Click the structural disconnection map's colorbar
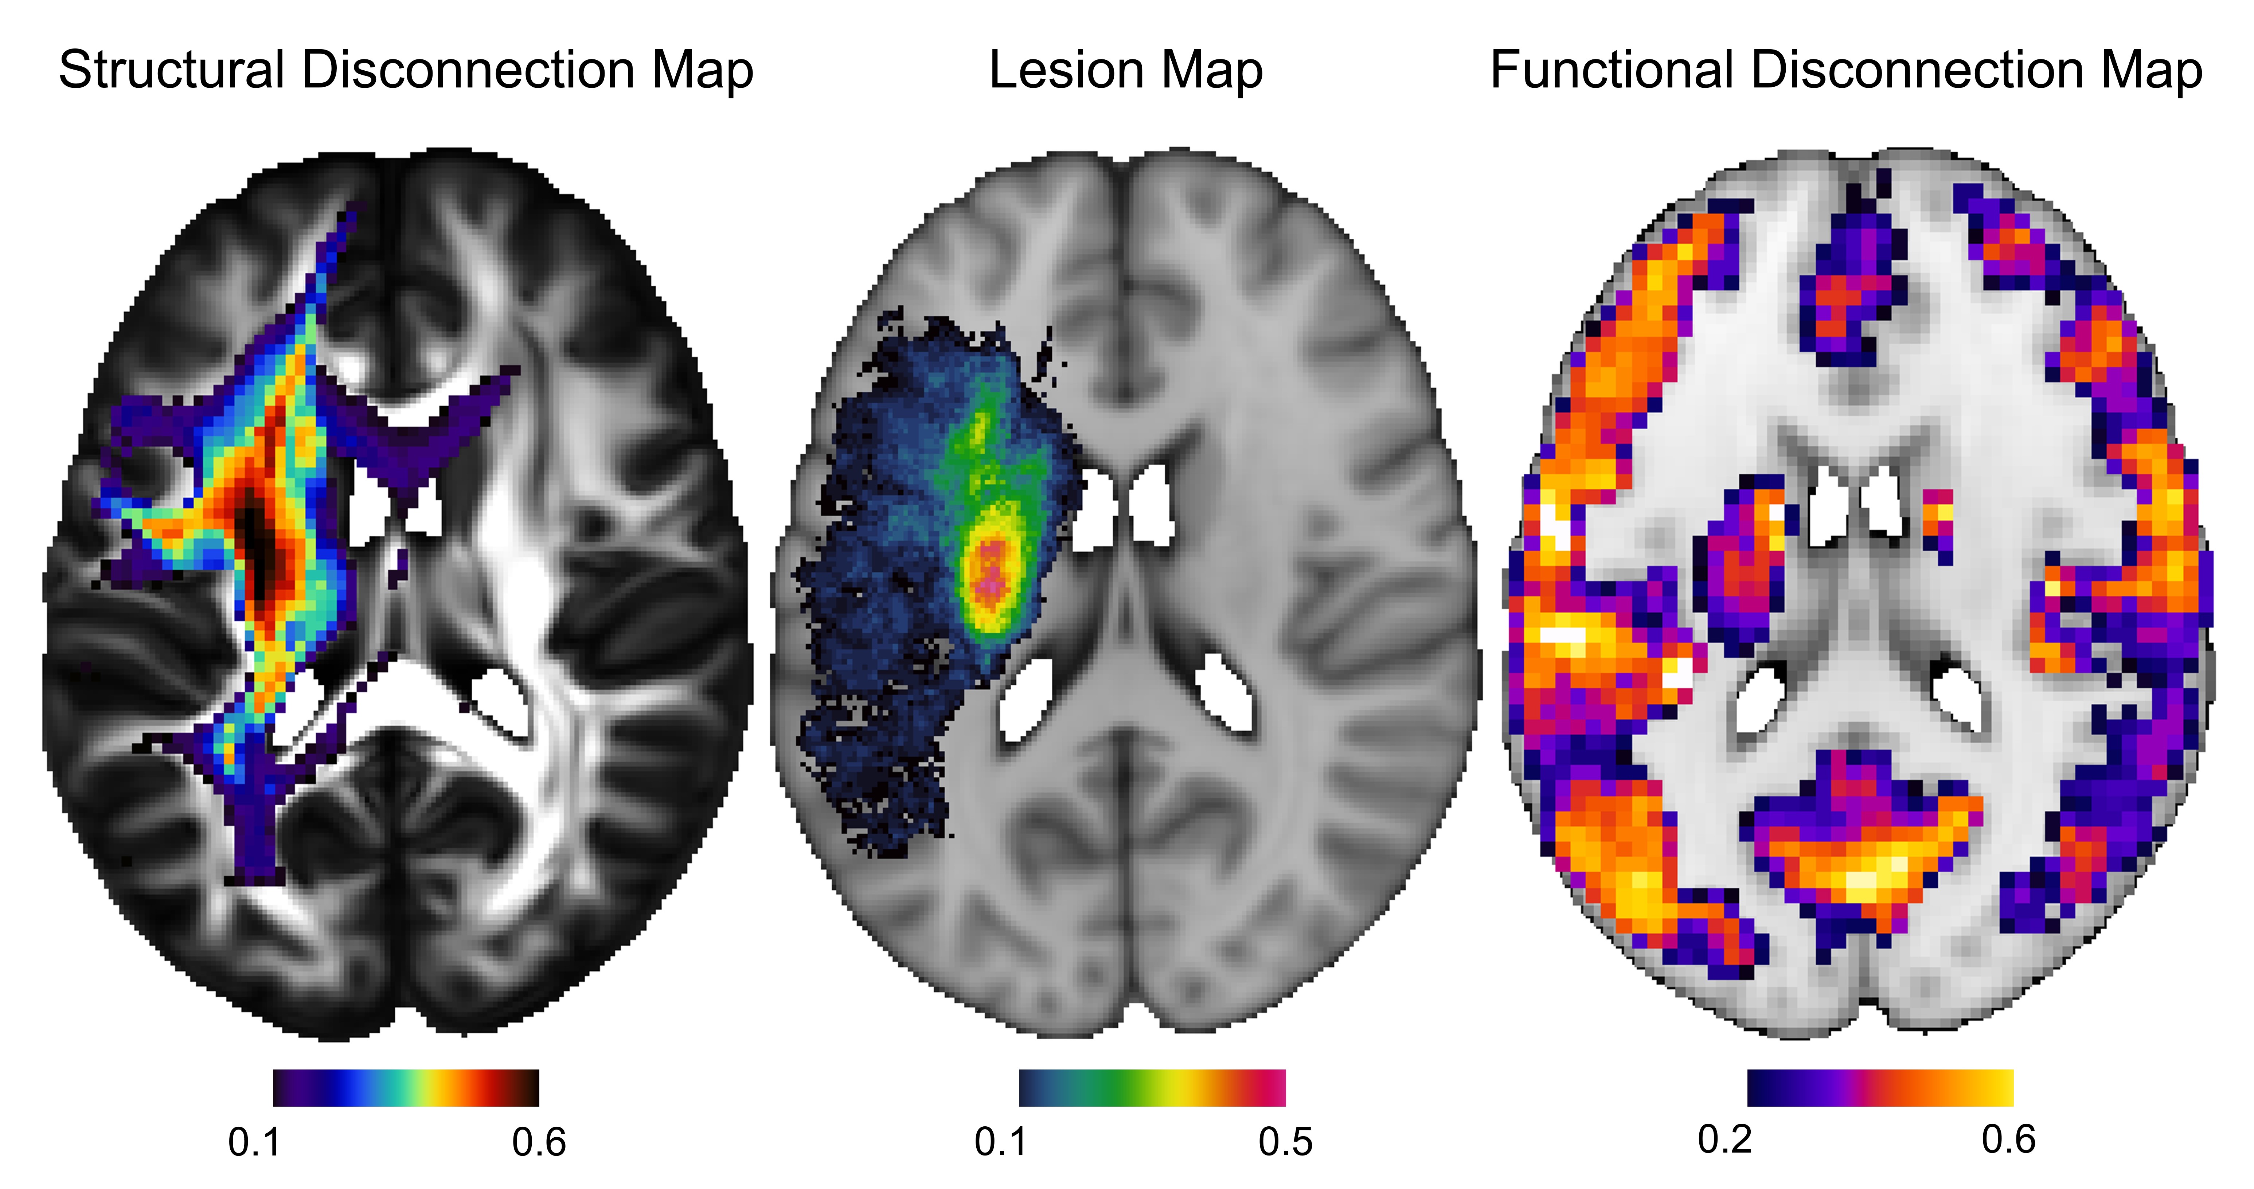(x=406, y=1087)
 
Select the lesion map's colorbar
(x=1152, y=1087)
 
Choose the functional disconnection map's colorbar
(x=1880, y=1087)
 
